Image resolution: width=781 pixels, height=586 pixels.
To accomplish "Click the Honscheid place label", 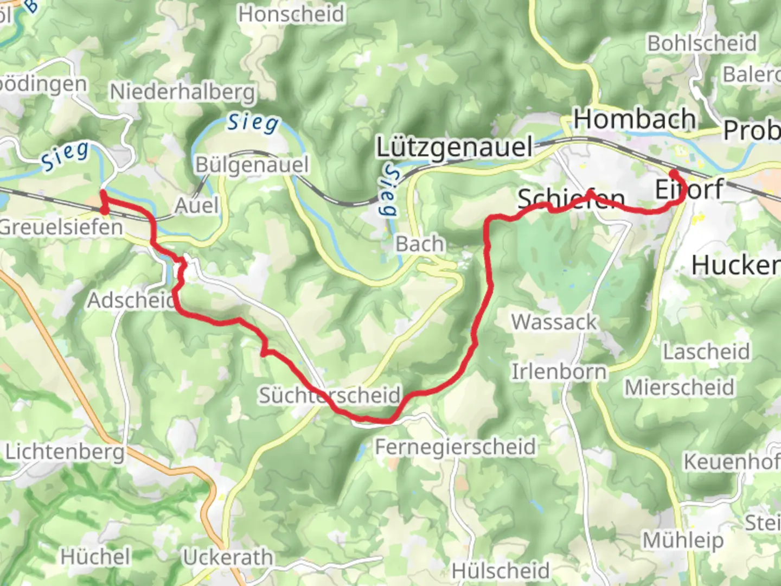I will tap(291, 14).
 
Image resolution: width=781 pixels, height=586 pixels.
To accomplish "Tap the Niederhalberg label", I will tap(182, 92).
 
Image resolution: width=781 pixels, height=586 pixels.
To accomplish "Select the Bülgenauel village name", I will tap(252, 164).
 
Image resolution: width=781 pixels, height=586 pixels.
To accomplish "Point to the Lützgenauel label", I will tap(454, 147).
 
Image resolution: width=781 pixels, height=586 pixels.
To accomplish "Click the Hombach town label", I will tap(635, 119).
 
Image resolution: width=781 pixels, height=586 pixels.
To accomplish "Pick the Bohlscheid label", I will tap(702, 43).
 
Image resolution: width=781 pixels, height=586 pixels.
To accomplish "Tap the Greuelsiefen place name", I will tap(61, 227).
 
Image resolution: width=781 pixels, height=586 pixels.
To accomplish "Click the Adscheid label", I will tap(131, 300).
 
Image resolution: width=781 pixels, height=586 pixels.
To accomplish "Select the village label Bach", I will tap(419, 244).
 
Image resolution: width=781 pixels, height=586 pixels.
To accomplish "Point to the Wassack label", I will tap(554, 322).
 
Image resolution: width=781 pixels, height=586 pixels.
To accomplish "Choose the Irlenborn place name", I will tap(559, 372).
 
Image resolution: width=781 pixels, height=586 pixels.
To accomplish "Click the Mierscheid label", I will tap(679, 387).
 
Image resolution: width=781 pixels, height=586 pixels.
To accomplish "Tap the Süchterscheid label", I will tap(329, 395).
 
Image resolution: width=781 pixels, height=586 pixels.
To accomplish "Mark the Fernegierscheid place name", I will tap(455, 447).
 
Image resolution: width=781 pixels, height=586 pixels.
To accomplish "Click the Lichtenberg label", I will tap(65, 451).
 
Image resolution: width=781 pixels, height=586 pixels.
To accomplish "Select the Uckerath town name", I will tap(228, 557).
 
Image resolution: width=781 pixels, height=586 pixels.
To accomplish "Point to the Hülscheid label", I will tap(501, 571).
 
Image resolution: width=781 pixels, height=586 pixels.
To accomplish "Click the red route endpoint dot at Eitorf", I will tap(674, 174).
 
